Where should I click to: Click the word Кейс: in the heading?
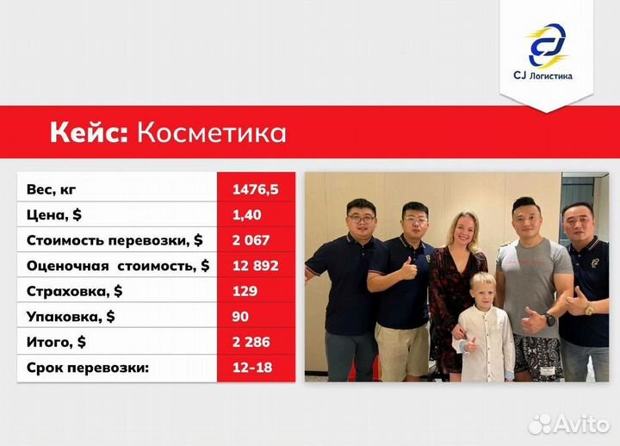pos(88,133)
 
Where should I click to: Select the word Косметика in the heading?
pos(212,133)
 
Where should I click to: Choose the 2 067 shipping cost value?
pos(251,240)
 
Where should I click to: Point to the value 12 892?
pos(255,266)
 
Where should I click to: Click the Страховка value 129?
pos(245,291)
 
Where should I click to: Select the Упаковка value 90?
pos(240,316)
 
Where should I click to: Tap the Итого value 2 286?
pos(251,342)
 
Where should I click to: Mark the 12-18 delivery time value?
pos(250,367)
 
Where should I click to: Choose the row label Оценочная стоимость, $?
pos(118,266)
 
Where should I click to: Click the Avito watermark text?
pos(577,423)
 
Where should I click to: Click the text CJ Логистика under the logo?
pos(548,77)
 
